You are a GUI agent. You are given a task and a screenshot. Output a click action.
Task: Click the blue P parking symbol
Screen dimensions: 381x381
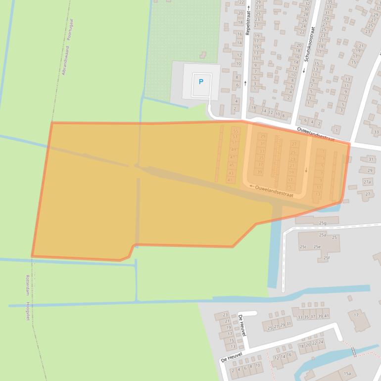tap(201, 82)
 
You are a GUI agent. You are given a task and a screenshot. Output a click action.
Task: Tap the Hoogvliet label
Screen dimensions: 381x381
tap(28, 310)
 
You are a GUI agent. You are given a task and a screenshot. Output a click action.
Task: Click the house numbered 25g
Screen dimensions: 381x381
tap(323, 223)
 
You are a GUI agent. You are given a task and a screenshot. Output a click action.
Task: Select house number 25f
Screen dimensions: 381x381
tap(326, 257)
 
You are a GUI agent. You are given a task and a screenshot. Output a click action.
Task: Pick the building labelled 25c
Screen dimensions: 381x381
tap(303, 246)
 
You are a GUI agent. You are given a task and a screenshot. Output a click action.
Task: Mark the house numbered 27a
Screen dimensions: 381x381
tap(367, 182)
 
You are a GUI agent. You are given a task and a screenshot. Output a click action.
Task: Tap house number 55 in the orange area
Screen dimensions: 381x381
tap(235, 131)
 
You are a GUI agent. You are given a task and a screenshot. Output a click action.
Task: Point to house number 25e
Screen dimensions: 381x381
tap(317, 246)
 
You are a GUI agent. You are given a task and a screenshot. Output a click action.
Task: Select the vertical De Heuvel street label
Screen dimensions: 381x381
tap(242, 327)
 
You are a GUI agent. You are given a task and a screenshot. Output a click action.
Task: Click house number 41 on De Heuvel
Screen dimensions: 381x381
tap(327, 316)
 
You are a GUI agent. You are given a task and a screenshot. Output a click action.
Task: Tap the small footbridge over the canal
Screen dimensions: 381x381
tap(353, 351)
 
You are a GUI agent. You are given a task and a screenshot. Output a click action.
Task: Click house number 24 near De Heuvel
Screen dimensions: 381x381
tap(321, 342)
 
